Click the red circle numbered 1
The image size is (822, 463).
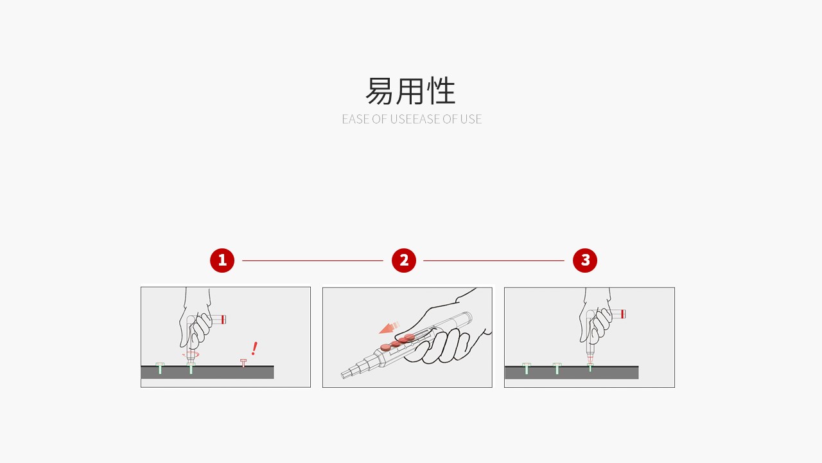click(x=222, y=260)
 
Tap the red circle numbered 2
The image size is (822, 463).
click(x=404, y=260)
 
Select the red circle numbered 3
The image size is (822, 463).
click(x=585, y=260)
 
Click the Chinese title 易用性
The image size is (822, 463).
click(x=411, y=91)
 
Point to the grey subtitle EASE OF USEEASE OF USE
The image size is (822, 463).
click(x=412, y=119)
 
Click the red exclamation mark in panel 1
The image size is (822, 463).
click(x=254, y=349)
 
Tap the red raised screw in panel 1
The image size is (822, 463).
click(x=243, y=363)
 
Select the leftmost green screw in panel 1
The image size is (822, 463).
click(x=160, y=368)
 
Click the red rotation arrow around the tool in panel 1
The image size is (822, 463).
click(x=191, y=354)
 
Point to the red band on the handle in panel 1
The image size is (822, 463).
click(x=223, y=319)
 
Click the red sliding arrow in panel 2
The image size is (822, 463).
click(x=389, y=328)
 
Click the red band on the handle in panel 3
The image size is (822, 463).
click(x=623, y=314)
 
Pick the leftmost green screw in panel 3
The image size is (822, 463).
click(x=527, y=368)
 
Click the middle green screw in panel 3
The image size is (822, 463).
click(x=557, y=368)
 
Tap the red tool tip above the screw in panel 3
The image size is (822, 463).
click(x=590, y=358)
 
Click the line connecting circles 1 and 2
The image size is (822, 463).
click(x=313, y=260)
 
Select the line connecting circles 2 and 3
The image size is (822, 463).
click(x=494, y=260)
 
